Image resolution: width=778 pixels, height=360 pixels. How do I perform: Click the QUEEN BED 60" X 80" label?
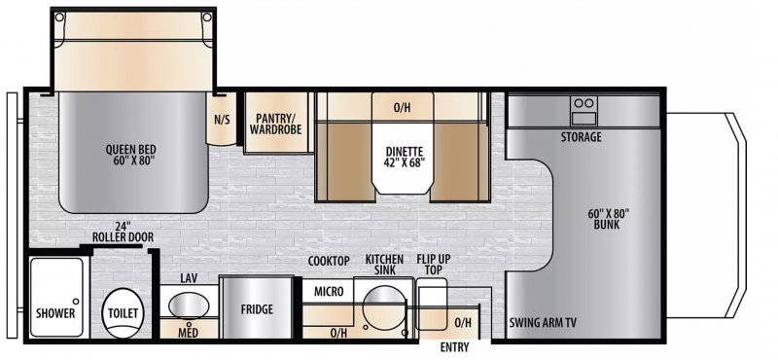(x=132, y=155)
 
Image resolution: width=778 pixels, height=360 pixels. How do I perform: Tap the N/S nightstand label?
(x=222, y=121)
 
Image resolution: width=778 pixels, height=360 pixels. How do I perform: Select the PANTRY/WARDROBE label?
(x=276, y=123)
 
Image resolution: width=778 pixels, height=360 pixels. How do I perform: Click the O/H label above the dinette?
(x=401, y=107)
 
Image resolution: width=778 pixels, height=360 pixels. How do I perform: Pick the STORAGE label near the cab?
(x=581, y=137)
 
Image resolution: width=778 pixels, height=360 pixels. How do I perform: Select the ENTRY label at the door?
(x=454, y=347)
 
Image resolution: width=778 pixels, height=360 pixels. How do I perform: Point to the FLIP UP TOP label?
(x=431, y=264)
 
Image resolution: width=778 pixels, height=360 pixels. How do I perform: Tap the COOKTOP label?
(x=329, y=261)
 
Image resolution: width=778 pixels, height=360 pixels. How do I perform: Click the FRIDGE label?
(x=256, y=310)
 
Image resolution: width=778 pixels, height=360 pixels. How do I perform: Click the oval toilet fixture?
(x=123, y=312)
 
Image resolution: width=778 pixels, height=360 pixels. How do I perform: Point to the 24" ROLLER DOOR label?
(x=120, y=231)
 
